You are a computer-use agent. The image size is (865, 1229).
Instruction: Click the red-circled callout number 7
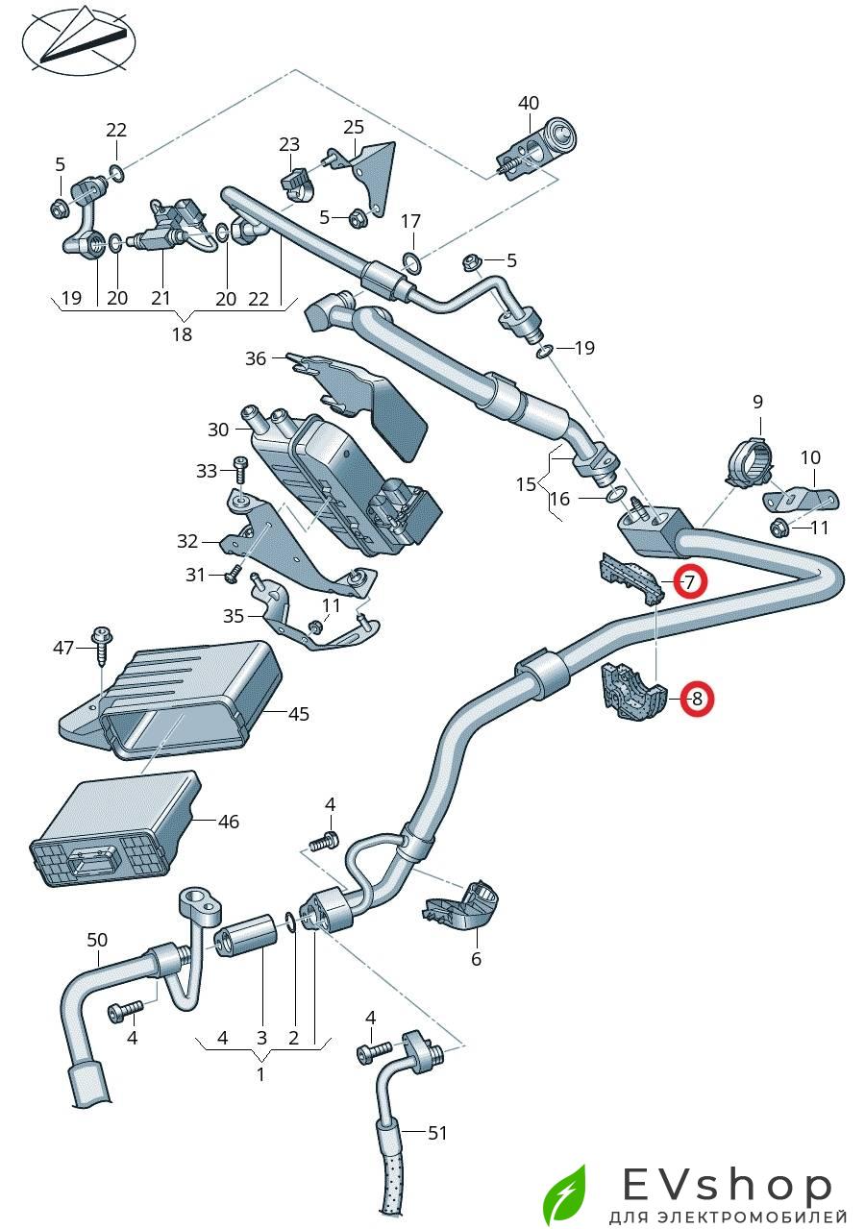tap(689, 581)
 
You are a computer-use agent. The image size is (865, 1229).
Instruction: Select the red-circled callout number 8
tap(697, 699)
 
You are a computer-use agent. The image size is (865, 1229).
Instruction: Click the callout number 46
tap(228, 822)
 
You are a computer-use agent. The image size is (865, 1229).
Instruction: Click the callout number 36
tap(255, 358)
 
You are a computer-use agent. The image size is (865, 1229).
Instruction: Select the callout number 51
tap(437, 1133)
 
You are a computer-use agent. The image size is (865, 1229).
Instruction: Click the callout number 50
tap(97, 939)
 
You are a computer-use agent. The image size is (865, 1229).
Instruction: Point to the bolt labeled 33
tap(240, 471)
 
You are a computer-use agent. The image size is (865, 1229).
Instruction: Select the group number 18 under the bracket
tap(182, 334)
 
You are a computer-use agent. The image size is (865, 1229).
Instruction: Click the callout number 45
tap(299, 713)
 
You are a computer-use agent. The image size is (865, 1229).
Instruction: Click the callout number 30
tap(218, 430)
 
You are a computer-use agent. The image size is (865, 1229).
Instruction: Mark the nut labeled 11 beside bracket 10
tap(778, 527)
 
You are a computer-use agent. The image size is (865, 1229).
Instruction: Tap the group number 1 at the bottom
tap(259, 1074)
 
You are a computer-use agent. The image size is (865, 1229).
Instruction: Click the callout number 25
tap(354, 127)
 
